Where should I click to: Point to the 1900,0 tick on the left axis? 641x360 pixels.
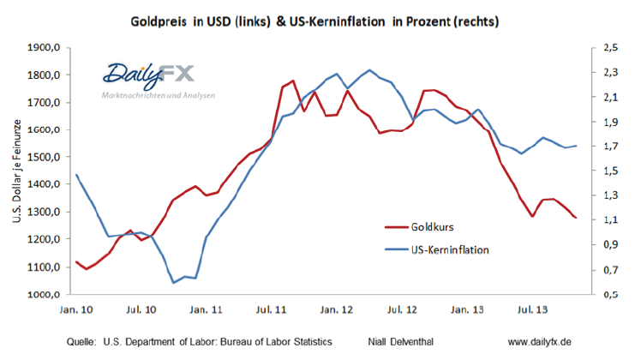(x=44, y=48)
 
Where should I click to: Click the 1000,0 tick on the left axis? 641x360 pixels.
(x=44, y=295)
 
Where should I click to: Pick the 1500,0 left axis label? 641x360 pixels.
(x=44, y=158)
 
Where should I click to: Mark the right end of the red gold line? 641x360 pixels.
(x=575, y=218)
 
